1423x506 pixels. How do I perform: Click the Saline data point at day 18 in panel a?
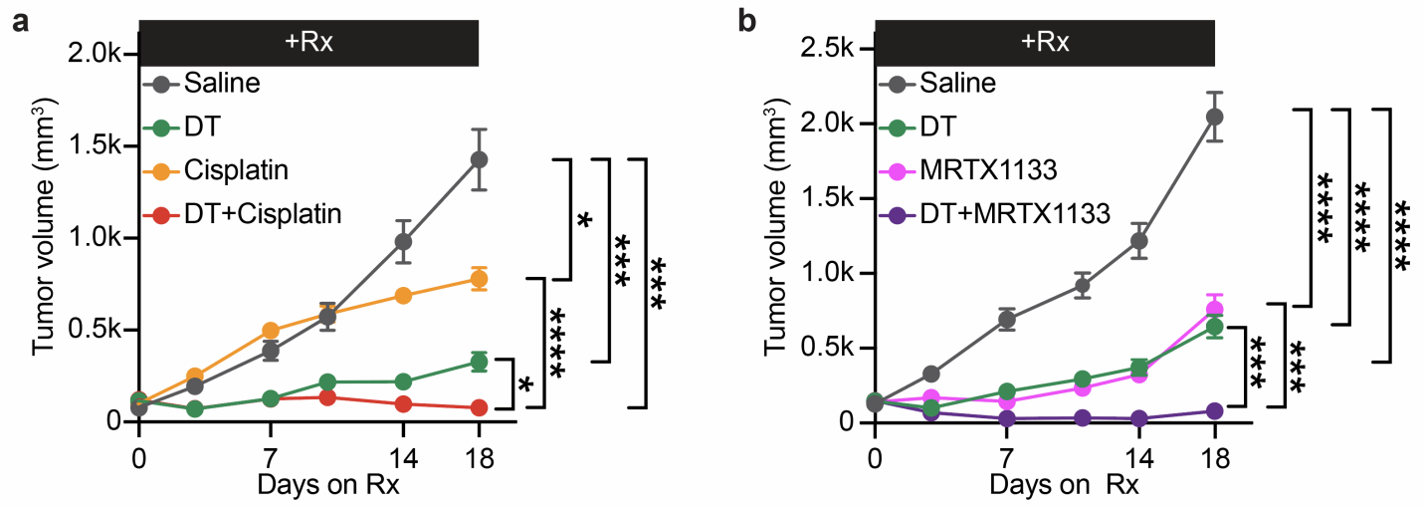480,159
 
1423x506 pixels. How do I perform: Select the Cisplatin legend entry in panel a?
236,170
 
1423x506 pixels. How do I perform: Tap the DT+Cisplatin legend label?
262,213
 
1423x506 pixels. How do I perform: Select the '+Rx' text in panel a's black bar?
309,43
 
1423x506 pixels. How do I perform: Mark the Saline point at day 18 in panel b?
1214,117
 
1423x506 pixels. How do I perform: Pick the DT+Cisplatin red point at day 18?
480,408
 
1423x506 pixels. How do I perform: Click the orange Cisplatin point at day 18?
480,280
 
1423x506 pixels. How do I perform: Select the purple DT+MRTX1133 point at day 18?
1214,410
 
